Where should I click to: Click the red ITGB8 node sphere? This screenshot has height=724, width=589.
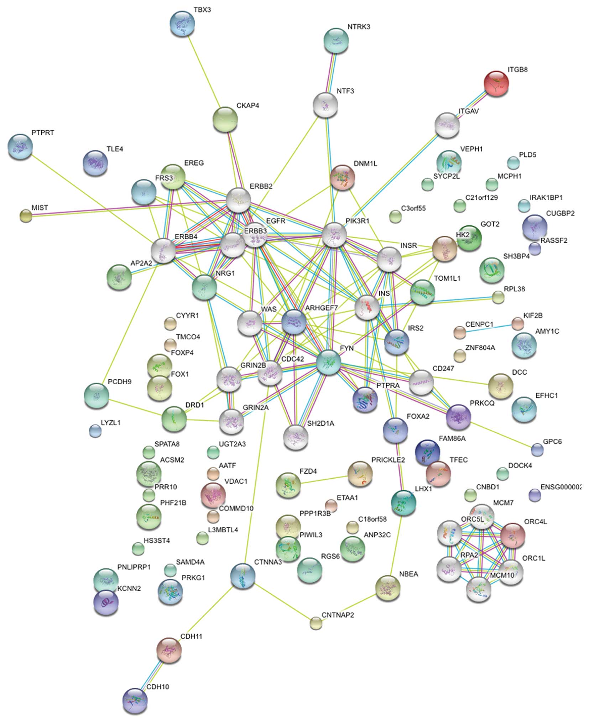[496, 83]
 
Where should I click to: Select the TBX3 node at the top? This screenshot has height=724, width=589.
[183, 24]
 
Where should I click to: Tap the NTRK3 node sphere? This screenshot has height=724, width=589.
[336, 40]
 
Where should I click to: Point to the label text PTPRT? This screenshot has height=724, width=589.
[43, 133]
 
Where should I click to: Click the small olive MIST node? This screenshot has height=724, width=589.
[26, 216]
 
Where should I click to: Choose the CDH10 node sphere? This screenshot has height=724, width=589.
[135, 701]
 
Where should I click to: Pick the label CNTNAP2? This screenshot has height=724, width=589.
[338, 615]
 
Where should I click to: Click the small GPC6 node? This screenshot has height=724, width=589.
[537, 450]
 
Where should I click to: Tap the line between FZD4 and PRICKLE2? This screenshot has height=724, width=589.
[324, 479]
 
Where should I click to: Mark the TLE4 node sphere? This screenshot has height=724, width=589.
[95, 163]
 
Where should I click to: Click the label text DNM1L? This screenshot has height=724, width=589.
[365, 164]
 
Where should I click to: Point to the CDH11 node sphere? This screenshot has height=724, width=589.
[169, 650]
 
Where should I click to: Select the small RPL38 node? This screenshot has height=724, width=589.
[498, 297]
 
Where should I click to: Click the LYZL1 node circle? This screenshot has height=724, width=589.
[95, 431]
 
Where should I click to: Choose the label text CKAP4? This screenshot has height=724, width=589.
[247, 106]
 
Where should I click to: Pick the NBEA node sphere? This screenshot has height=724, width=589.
[388, 588]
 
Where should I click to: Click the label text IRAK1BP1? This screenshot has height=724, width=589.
[546, 198]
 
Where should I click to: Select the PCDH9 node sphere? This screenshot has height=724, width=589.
[97, 396]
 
